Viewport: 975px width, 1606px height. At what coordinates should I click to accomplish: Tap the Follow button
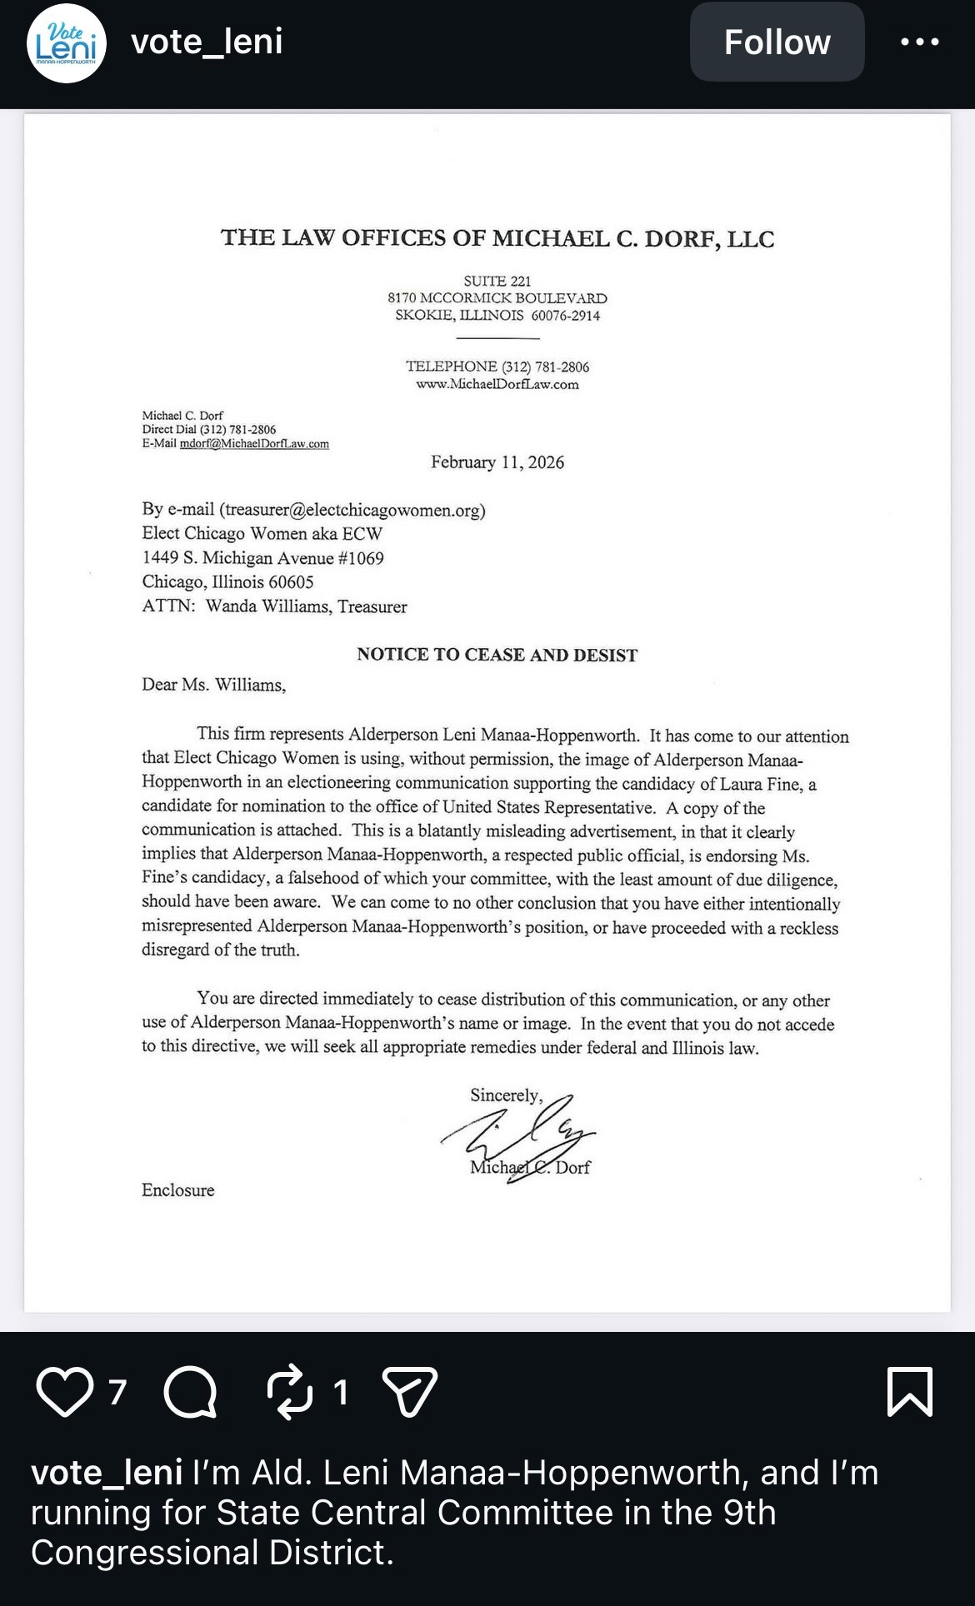pyautogui.click(x=777, y=42)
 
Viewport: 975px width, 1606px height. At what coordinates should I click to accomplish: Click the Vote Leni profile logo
pyautogui.click(x=67, y=43)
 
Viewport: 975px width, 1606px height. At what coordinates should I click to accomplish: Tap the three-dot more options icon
pyautogui.click(x=920, y=42)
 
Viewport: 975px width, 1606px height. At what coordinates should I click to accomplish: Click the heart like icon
pyautogui.click(x=65, y=1391)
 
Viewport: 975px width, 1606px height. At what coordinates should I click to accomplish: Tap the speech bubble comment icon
pyautogui.click(x=190, y=1391)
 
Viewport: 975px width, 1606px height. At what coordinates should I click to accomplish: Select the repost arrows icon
pyautogui.click(x=289, y=1391)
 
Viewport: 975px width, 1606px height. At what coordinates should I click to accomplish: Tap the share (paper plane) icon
pyautogui.click(x=409, y=1391)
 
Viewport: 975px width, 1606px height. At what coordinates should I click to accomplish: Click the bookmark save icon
pyautogui.click(x=909, y=1391)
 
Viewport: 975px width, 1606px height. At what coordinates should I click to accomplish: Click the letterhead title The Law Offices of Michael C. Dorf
pyautogui.click(x=497, y=238)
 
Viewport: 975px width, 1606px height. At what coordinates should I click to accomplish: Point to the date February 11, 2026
pyautogui.click(x=497, y=462)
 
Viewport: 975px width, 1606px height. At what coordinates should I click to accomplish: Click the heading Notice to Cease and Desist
pyautogui.click(x=497, y=655)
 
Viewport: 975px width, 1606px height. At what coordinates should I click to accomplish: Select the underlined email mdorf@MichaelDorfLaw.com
pyautogui.click(x=254, y=444)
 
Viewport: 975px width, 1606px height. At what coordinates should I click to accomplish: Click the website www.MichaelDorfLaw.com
pyautogui.click(x=497, y=384)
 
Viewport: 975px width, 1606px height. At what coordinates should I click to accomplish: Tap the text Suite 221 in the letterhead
pyautogui.click(x=497, y=281)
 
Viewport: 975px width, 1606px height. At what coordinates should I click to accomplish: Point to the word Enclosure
pyautogui.click(x=177, y=1190)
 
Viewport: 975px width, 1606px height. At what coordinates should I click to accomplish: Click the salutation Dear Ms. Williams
pyautogui.click(x=213, y=685)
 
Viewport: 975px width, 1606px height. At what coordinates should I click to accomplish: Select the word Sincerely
pyautogui.click(x=505, y=1095)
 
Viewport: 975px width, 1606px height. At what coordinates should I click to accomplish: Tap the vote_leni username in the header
pyautogui.click(x=207, y=41)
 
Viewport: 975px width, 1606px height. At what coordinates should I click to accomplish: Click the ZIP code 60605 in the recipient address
pyautogui.click(x=291, y=582)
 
